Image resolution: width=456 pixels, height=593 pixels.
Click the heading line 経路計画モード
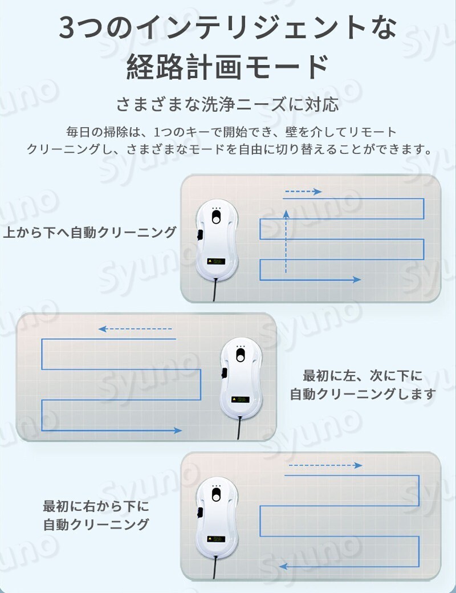click(x=227, y=67)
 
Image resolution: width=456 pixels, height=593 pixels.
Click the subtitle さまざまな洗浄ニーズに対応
click(x=227, y=104)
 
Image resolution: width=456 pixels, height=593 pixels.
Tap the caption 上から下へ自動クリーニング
click(x=89, y=232)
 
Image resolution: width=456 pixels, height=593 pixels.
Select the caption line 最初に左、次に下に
click(x=363, y=376)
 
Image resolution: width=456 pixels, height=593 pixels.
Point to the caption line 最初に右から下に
click(x=96, y=506)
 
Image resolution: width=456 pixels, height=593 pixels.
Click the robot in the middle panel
click(x=241, y=378)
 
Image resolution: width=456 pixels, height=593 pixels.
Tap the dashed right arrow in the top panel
click(x=303, y=192)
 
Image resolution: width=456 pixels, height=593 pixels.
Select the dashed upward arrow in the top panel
click(x=286, y=241)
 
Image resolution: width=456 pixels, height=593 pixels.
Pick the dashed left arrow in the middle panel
click(x=135, y=329)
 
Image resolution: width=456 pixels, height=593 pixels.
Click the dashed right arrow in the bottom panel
click(x=325, y=465)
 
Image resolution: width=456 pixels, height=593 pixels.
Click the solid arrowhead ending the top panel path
click(x=357, y=279)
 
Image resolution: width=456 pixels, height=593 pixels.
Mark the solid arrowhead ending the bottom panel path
click(x=284, y=567)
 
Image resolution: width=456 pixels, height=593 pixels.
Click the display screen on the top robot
click(x=216, y=261)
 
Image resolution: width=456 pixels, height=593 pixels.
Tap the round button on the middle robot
click(x=241, y=355)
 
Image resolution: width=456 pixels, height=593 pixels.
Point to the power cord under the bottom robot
click(x=215, y=568)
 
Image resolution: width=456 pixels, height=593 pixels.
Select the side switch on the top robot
click(x=199, y=235)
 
